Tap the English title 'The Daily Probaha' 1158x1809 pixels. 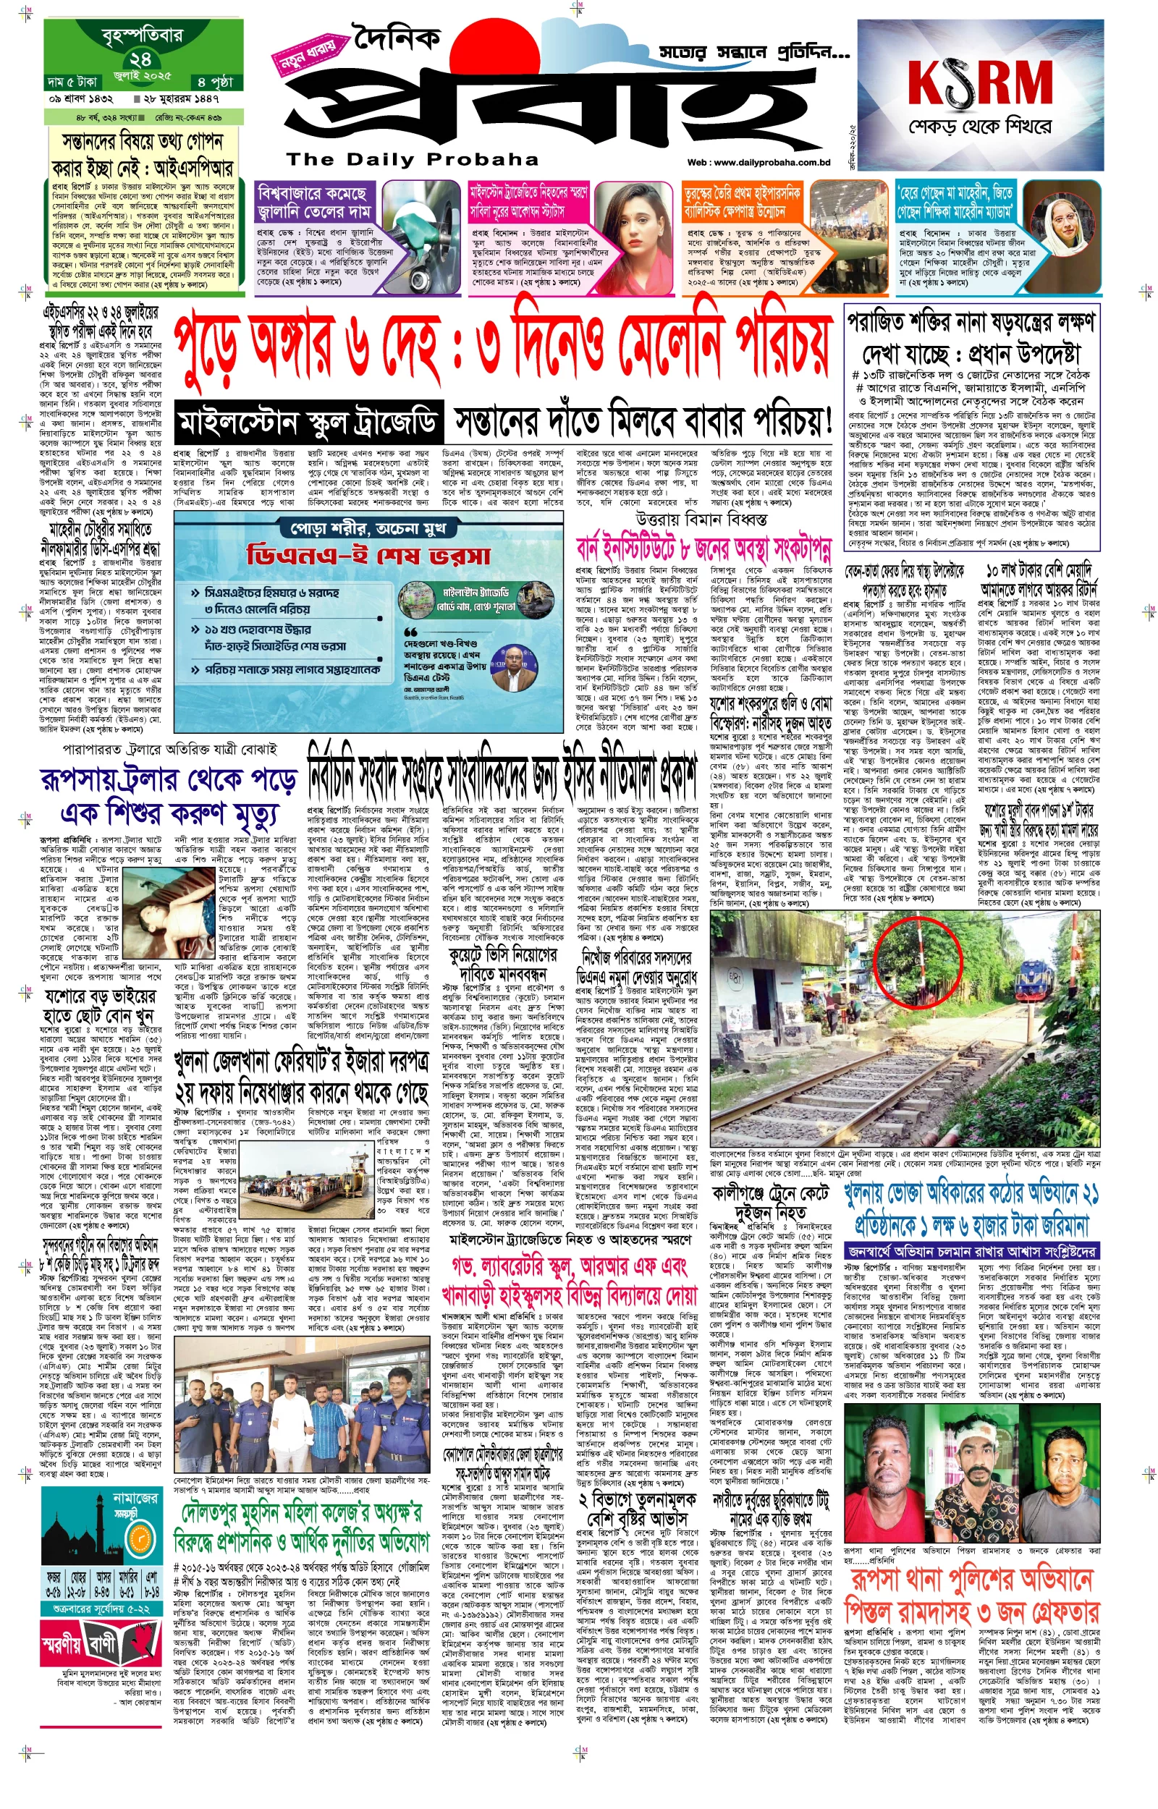click(412, 159)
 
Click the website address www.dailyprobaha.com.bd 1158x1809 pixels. click(758, 162)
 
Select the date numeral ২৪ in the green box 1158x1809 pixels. click(140, 59)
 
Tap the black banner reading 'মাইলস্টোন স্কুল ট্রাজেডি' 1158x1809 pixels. click(308, 423)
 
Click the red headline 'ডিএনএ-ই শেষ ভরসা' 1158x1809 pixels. click(369, 556)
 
